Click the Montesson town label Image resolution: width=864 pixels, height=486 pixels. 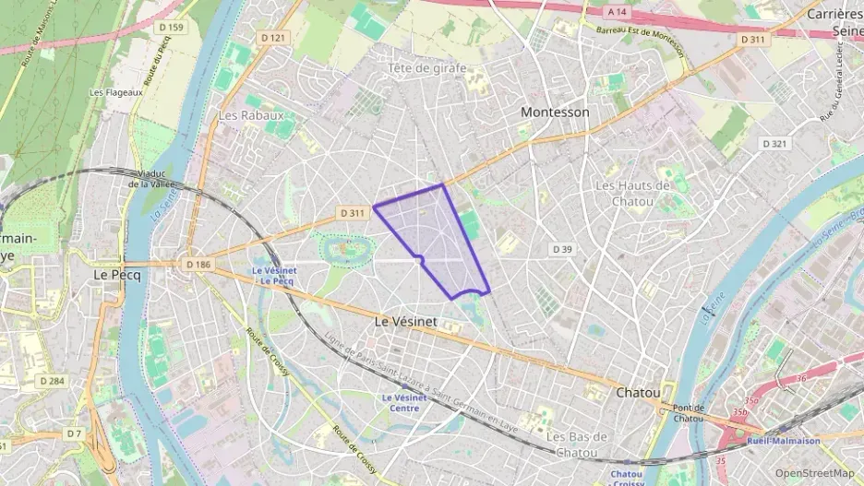[x=554, y=112]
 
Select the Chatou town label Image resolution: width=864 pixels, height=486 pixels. [x=638, y=392]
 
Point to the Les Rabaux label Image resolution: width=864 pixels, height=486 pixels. [x=250, y=115]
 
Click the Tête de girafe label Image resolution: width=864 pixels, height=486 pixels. [x=426, y=68]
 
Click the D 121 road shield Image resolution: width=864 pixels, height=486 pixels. [x=273, y=38]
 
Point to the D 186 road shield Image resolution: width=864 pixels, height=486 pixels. [x=198, y=264]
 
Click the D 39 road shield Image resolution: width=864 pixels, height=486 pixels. [x=562, y=249]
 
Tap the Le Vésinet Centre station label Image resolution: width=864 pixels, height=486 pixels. [x=405, y=402]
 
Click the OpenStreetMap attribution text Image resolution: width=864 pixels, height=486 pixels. [x=814, y=473]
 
